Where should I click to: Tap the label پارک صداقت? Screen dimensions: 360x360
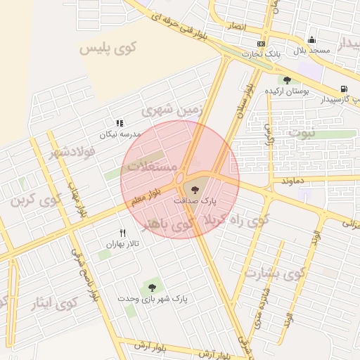pyautogui.click(x=195, y=200)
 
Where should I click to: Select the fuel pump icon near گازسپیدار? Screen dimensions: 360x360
pyautogui.click(x=343, y=89)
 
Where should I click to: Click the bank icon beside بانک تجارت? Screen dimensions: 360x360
pyautogui.click(x=262, y=43)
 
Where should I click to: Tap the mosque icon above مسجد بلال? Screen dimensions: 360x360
pyautogui.click(x=312, y=39)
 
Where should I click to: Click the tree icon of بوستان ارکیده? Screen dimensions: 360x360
pyautogui.click(x=286, y=79)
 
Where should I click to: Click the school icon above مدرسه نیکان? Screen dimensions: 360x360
pyautogui.click(x=120, y=123)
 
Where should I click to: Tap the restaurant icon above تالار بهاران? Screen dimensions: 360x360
pyautogui.click(x=123, y=233)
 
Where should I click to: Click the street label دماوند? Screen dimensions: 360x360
pyautogui.click(x=291, y=181)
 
